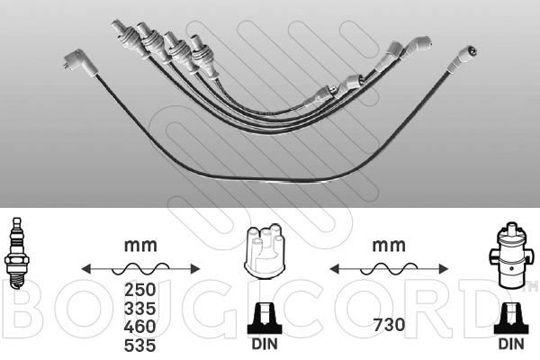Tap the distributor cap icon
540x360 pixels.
(264, 251)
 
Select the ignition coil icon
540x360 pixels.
(510, 256)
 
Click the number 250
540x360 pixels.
(140, 290)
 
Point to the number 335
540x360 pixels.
(140, 309)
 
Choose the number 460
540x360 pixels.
(140, 327)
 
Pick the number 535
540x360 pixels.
(140, 346)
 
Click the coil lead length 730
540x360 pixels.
(389, 325)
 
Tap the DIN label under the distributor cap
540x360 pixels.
(265, 344)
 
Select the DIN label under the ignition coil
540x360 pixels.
(511, 344)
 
